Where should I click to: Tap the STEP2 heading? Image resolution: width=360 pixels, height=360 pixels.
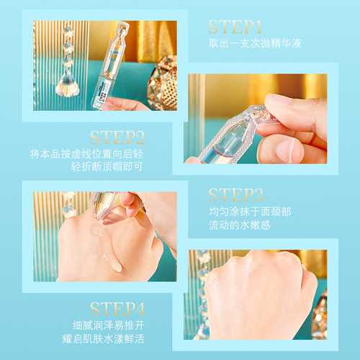[117, 138]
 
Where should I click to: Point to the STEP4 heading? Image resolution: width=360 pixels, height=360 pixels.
[118, 310]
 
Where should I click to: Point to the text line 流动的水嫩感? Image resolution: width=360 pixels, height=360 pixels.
[237, 227]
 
